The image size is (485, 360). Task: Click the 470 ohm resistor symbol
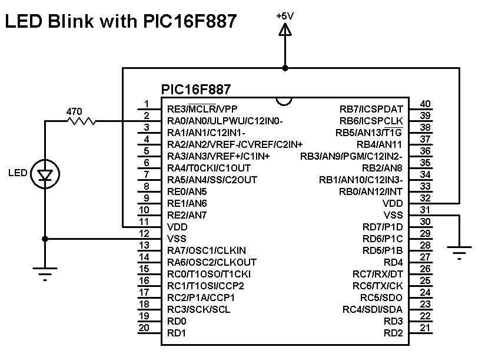pos(82,121)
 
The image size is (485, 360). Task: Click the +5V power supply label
pos(285,16)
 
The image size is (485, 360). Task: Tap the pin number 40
pos(425,104)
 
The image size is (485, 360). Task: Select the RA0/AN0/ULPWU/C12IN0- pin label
pos(225,121)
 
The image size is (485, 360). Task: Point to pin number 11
pos(144,222)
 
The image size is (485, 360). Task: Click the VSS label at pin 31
pos(393,215)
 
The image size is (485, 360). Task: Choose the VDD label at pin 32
pos(393,203)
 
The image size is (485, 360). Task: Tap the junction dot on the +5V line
pos(285,68)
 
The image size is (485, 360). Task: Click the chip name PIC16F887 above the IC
pos(195,90)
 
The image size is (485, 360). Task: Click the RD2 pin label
pos(393,333)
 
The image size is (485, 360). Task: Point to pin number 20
pos(144,328)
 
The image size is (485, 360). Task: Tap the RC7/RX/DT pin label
pos(378,274)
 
